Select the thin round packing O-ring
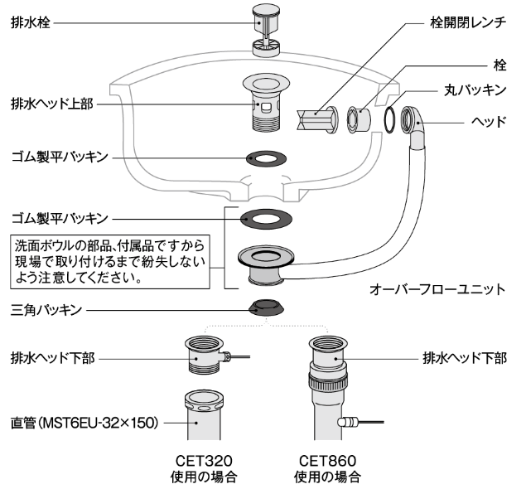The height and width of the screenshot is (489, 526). [388, 119]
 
